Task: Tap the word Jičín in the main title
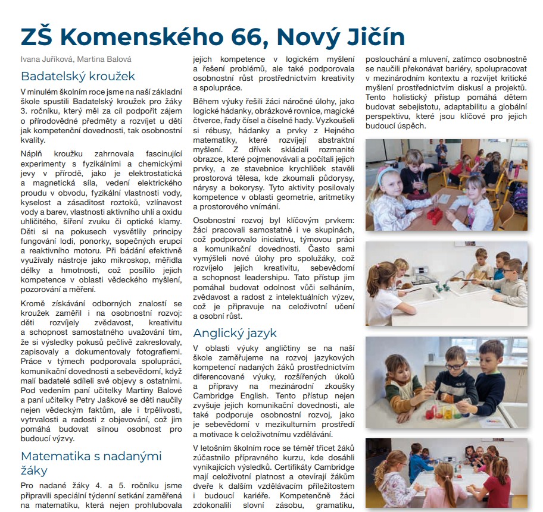click(373, 37)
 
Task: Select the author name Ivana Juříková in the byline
click(41, 59)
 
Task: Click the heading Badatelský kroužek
click(78, 76)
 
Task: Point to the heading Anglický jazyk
click(235, 333)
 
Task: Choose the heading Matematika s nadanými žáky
click(91, 463)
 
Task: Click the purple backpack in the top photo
click(519, 197)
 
